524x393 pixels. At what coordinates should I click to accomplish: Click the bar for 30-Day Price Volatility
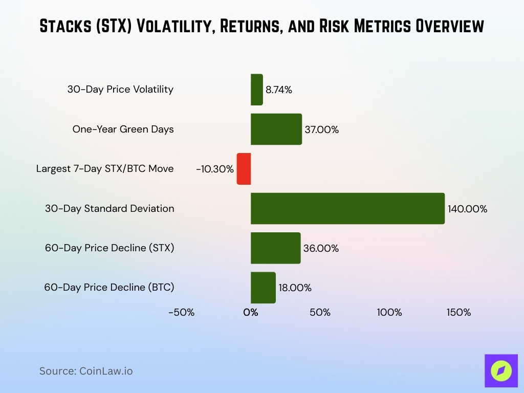point(256,90)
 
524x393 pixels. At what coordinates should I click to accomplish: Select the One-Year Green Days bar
point(276,129)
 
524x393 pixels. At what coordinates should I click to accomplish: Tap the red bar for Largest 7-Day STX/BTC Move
point(244,169)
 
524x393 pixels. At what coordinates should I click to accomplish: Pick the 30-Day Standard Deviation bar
point(347,208)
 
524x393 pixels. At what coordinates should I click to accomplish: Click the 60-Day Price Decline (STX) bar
point(275,248)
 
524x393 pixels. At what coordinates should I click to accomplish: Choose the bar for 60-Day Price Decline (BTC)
point(263,288)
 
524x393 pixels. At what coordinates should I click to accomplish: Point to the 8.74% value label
point(279,90)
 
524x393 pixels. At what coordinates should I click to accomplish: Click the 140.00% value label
point(467,209)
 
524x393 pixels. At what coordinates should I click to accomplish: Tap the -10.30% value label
point(214,169)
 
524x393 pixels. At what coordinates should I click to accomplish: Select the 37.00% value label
point(321,129)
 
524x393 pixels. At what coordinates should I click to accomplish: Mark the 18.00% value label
point(295,288)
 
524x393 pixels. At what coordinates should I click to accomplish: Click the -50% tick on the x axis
point(182,312)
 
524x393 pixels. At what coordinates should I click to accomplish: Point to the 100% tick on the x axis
point(389,312)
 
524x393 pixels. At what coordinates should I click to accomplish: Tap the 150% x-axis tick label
point(458,312)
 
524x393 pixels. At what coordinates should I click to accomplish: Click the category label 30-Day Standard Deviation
point(110,208)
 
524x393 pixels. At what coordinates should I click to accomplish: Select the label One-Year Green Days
point(123,129)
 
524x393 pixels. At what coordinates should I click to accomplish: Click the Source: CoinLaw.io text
point(86,371)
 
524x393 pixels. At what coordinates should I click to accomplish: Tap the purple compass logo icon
point(501,370)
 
